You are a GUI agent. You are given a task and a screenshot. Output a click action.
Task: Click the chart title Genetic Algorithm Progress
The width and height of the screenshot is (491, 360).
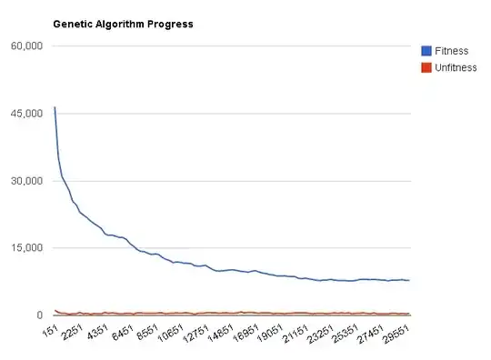tap(123, 24)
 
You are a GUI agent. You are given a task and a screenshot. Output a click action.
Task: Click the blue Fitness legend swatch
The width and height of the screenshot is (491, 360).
tap(426, 51)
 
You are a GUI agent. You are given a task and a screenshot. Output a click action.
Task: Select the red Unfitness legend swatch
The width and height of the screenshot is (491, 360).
tap(426, 68)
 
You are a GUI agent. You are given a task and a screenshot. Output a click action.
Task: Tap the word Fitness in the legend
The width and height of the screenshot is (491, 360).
tap(452, 51)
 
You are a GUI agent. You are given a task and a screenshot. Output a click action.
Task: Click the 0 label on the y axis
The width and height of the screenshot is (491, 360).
tap(41, 315)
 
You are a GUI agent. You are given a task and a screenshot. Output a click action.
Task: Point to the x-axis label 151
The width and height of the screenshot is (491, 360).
tap(50, 331)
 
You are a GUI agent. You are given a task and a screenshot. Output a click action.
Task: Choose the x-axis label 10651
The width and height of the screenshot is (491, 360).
tap(173, 334)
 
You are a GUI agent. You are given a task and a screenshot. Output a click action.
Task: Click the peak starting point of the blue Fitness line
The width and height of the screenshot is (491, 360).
tap(55, 107)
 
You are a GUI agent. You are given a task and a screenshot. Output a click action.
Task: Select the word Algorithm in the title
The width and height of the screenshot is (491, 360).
tap(120, 24)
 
